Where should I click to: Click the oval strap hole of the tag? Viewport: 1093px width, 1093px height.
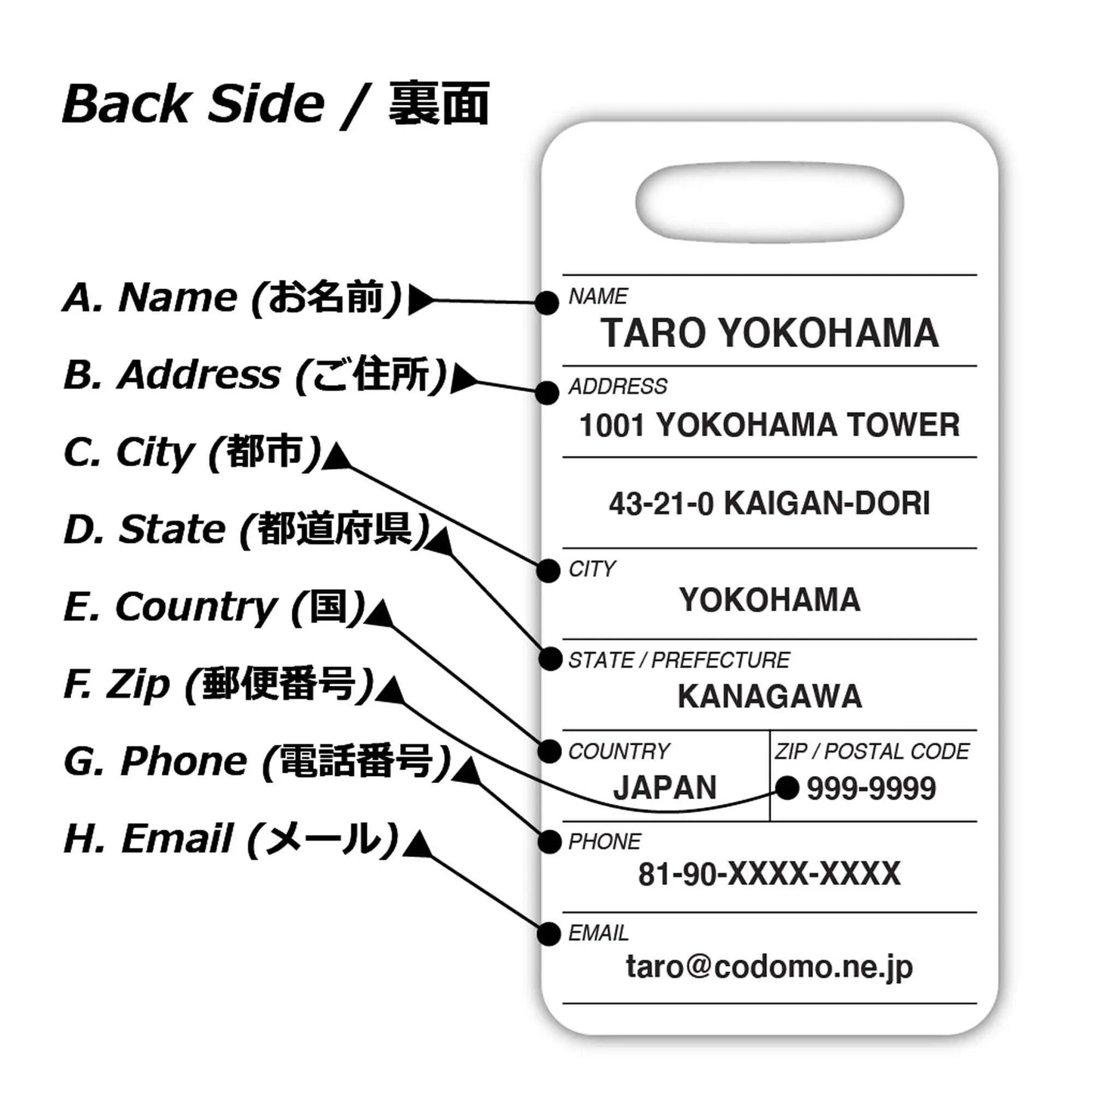point(770,202)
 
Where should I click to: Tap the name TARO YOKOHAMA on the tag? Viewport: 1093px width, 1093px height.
point(769,334)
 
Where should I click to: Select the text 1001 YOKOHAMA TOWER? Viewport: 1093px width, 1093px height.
point(769,425)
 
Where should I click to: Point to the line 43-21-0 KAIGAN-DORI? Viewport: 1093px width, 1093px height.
point(769,504)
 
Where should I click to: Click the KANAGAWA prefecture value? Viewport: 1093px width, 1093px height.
point(769,697)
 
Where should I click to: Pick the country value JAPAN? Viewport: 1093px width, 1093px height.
point(665,788)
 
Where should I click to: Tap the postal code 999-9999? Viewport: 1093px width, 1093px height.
point(871,789)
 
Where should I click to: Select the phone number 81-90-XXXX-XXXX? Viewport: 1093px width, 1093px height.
point(769,874)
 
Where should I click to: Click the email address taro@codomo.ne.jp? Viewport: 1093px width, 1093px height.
point(769,967)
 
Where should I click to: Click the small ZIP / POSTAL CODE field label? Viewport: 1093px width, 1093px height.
point(872,751)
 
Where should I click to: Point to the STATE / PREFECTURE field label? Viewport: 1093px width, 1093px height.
point(678,660)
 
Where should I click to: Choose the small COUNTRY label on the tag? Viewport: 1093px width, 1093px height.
point(619,751)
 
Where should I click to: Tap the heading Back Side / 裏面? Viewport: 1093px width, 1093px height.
point(276,104)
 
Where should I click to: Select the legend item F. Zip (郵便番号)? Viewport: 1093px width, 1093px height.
point(219,684)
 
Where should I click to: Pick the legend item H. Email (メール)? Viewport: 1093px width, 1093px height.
point(231,839)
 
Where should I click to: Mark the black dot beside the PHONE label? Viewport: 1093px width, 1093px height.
point(549,842)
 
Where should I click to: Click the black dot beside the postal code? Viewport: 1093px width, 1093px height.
point(787,788)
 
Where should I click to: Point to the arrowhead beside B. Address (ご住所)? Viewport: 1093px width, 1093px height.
point(463,379)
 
